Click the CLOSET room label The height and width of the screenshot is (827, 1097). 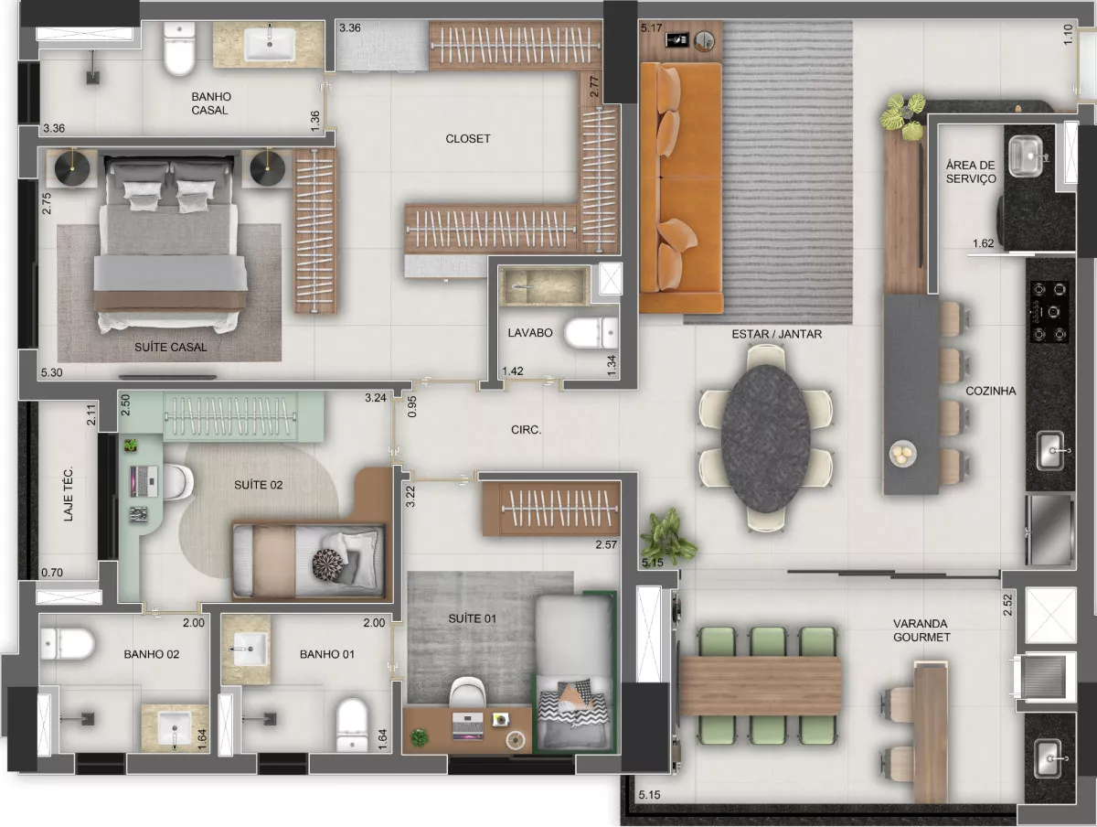coord(468,138)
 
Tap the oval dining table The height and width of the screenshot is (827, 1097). coord(765,438)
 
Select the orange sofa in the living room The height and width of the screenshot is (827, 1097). coord(681,188)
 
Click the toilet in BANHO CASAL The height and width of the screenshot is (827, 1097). coord(179,48)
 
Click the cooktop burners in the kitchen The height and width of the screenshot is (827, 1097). coord(1049,312)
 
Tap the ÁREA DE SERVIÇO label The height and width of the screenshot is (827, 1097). coord(971,171)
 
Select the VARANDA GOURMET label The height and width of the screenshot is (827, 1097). coord(921,630)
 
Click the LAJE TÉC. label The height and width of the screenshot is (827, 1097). coord(68,493)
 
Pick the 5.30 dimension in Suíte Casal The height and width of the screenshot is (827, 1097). coord(51,372)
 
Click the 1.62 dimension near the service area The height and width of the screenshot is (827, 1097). coord(983,243)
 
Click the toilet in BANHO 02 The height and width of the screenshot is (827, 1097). coord(67,643)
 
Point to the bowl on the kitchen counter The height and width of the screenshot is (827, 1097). coord(902,455)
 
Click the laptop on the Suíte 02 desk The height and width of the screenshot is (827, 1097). coord(144,481)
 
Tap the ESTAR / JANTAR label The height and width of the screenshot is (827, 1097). coord(777,334)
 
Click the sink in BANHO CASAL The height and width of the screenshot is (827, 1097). coord(271,44)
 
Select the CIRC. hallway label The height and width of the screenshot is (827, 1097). coord(526,429)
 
